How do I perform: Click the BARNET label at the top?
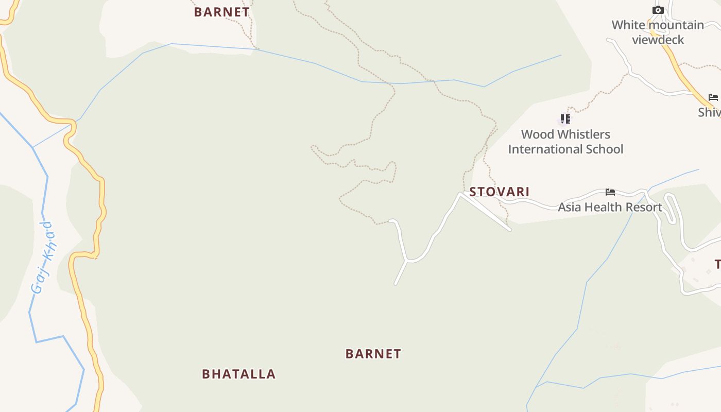[221, 12]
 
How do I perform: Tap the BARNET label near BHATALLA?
[373, 354]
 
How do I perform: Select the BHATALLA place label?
[238, 374]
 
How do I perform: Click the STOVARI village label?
[499, 192]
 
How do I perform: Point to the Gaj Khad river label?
[43, 257]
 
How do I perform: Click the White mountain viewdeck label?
[658, 32]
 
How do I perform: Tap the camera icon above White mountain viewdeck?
[658, 10]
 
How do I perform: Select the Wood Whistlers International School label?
[565, 142]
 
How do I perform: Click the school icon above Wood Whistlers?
[565, 119]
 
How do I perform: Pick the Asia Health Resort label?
[610, 207]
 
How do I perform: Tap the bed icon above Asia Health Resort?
[610, 192]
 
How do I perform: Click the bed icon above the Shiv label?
[713, 97]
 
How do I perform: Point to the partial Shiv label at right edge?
[710, 112]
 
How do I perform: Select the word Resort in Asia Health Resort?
[643, 207]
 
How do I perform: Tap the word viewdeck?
[658, 40]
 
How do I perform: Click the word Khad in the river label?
[48, 241]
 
